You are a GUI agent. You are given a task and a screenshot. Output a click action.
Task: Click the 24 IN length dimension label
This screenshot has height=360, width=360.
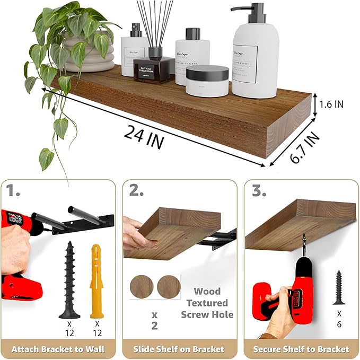click(x=144, y=136)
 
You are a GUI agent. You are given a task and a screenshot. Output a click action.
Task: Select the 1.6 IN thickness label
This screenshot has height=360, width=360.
click(x=331, y=104)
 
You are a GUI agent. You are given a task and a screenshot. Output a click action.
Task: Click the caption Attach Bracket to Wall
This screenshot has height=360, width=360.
click(x=58, y=349)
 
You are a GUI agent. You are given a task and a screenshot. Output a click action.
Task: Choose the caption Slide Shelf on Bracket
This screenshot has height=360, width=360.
click(x=180, y=349)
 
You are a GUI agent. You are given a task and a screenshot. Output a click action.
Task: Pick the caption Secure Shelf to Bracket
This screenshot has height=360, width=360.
click(x=301, y=349)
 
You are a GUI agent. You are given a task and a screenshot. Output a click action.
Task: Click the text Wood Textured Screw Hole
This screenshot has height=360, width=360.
click(x=207, y=303)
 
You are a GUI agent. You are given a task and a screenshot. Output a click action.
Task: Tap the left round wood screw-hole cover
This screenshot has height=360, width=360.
click(x=142, y=286)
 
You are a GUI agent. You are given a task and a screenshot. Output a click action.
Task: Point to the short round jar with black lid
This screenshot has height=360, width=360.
click(x=207, y=81)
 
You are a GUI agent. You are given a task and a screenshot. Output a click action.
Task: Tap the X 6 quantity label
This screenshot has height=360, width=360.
click(x=338, y=318)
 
